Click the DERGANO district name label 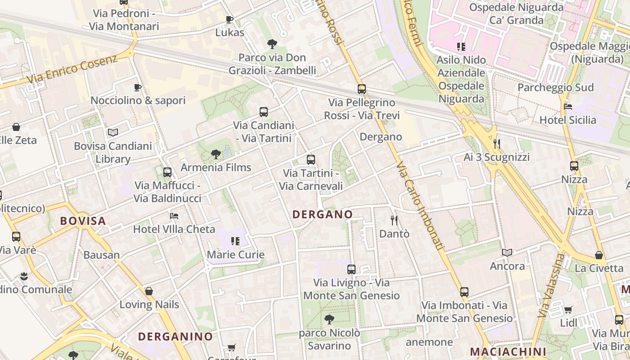[x=323, y=215]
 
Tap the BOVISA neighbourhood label [x=83, y=221]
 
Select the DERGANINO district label [x=175, y=337]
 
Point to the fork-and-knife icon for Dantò [x=394, y=220]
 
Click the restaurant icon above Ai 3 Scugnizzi [x=497, y=144]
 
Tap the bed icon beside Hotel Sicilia [x=568, y=107]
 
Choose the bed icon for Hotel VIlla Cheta [x=174, y=216]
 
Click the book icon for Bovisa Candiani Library [x=113, y=132]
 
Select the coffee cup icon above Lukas [x=229, y=19]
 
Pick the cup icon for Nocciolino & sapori [x=138, y=87]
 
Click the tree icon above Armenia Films [x=216, y=154]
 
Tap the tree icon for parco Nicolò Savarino [x=329, y=319]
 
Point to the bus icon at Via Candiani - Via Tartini [x=264, y=112]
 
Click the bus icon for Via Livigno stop [x=351, y=270]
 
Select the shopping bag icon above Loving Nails [x=149, y=291]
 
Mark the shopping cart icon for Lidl [x=568, y=310]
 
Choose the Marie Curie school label [x=235, y=255]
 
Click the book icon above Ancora [x=507, y=252]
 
